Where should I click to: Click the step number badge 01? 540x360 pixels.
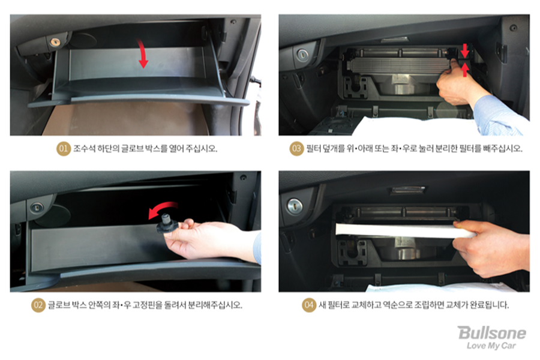point(64,148)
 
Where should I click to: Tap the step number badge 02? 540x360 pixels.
point(38,305)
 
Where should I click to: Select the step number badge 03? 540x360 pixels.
point(296,148)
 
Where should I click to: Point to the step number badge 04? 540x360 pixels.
point(309,305)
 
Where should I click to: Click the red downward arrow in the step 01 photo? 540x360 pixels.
point(143,53)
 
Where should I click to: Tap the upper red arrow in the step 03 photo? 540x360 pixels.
point(465,50)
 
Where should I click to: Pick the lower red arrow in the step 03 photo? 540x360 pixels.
point(465,70)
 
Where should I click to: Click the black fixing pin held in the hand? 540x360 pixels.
point(167,224)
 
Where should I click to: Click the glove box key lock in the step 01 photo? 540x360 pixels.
point(55,42)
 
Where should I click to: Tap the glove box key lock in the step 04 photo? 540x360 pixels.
point(295,206)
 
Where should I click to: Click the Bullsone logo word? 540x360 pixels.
point(492,332)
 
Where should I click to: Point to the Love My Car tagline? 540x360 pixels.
point(491,346)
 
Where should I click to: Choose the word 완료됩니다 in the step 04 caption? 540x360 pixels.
point(486,305)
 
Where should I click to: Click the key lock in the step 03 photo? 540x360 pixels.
point(302,54)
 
